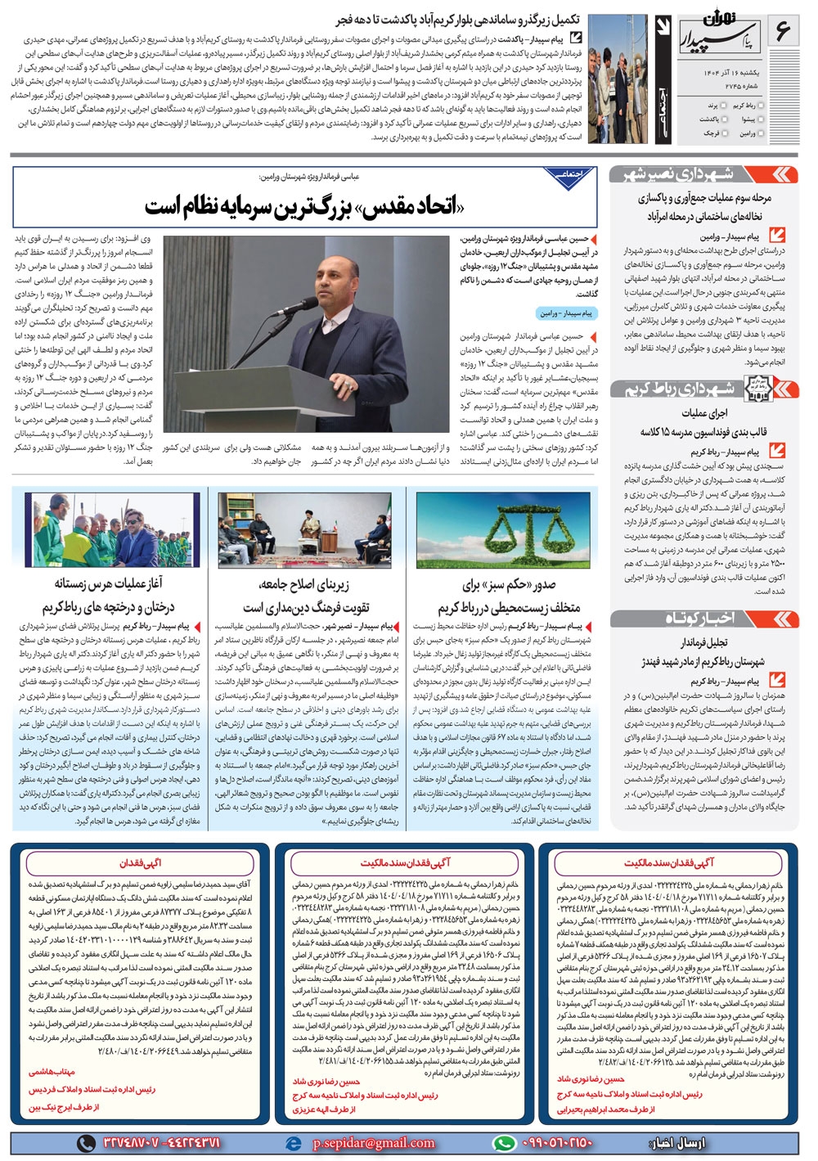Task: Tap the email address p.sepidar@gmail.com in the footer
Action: pyautogui.click(x=373, y=1143)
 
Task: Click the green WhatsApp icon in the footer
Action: pyautogui.click(x=504, y=1143)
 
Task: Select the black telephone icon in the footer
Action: pyautogui.click(x=86, y=1143)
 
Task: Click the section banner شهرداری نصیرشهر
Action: pyautogui.click(x=691, y=173)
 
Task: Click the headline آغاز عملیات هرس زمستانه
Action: pyautogui.click(x=109, y=583)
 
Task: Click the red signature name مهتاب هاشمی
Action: pyautogui.click(x=52, y=1071)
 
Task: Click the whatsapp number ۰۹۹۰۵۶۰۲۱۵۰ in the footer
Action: pyautogui.click(x=556, y=1143)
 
